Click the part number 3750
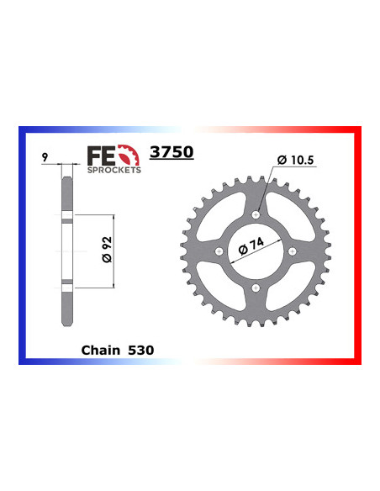pos(171,153)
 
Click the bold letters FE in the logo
pos(102,156)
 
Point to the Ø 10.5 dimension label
pos(293,160)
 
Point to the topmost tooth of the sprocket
pos(256,177)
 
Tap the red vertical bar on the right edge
pos(359,244)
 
